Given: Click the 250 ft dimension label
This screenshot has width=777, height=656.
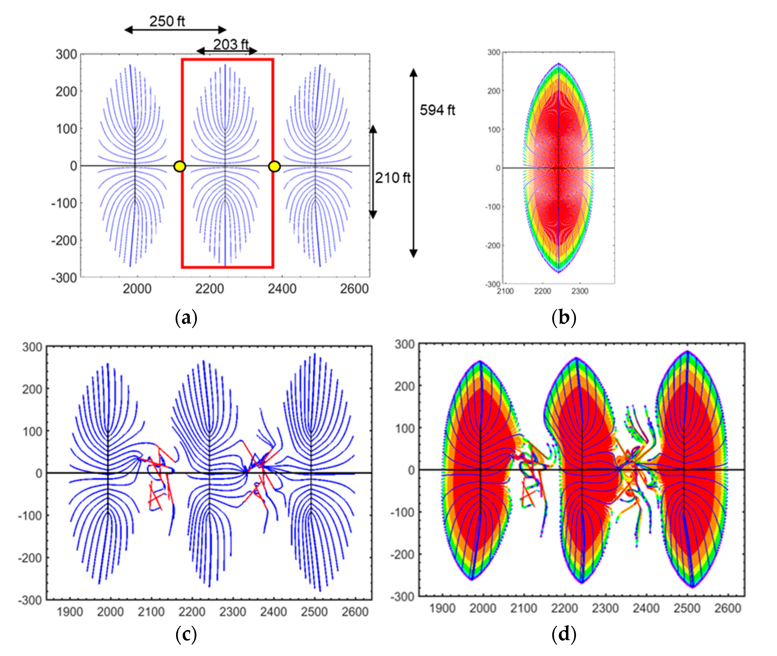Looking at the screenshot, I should pyautogui.click(x=167, y=21).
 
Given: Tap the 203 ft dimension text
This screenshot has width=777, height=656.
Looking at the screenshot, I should pyautogui.click(x=230, y=45).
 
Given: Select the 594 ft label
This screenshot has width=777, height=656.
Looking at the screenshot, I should pyautogui.click(x=437, y=110).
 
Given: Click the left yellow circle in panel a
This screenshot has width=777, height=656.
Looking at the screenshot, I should pyautogui.click(x=180, y=166).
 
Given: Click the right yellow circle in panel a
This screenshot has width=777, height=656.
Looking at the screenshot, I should pyautogui.click(x=274, y=166).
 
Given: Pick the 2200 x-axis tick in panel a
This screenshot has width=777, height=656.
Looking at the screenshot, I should pyautogui.click(x=210, y=288).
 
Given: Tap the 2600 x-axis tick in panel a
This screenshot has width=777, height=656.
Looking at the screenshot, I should pyautogui.click(x=354, y=288).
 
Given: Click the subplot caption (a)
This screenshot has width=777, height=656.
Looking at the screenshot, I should pyautogui.click(x=186, y=318).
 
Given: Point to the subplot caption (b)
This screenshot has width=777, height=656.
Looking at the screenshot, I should pyautogui.click(x=564, y=318).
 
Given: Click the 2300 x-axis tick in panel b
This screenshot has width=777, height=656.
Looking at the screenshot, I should pyautogui.click(x=580, y=291).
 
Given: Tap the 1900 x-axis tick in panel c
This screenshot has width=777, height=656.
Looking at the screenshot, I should pyautogui.click(x=70, y=612).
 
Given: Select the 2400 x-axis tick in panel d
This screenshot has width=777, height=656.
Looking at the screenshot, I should pyautogui.click(x=646, y=608).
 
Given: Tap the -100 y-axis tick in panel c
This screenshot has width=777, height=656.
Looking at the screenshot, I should pyautogui.click(x=30, y=516).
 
